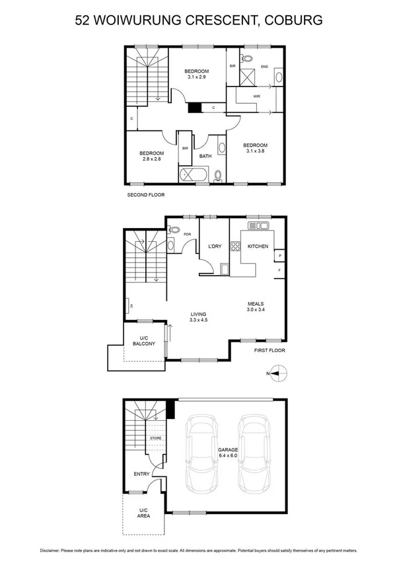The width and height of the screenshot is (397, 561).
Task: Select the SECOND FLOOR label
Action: (145, 195)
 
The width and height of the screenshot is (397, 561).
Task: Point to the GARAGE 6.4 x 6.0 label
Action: (229, 453)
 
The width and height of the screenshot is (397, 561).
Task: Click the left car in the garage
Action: (203, 451)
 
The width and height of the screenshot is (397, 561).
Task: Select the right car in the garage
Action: (255, 451)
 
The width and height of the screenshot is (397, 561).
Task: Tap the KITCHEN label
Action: (257, 246)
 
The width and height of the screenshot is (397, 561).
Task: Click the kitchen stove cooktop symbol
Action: (235, 246)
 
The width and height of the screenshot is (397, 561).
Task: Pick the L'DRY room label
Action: (214, 246)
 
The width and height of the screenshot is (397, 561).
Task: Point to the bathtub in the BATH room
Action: (194, 175)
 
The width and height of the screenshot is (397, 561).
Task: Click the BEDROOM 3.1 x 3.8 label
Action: (255, 149)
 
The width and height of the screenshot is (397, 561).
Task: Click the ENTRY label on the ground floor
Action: (141, 474)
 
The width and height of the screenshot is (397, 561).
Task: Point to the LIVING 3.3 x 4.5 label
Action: (197, 318)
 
